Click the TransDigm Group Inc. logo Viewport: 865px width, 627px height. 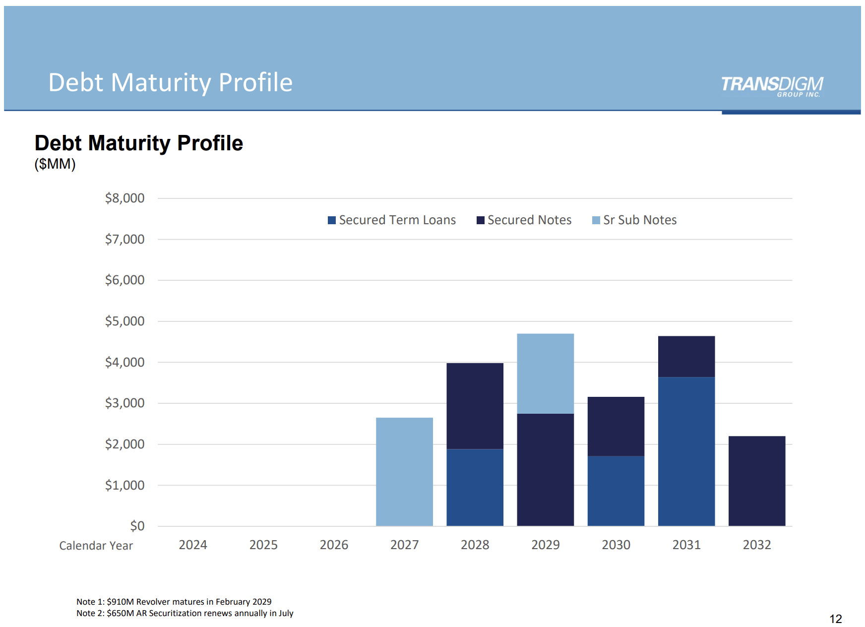pos(772,86)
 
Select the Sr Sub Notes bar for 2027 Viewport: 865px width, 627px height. pos(404,471)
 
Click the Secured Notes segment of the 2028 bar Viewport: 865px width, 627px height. pos(475,406)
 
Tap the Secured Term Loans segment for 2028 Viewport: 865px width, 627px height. pos(475,487)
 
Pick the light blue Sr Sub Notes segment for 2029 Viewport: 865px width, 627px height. pos(545,373)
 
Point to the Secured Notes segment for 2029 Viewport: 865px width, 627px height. pos(545,469)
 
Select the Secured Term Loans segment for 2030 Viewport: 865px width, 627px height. pos(616,491)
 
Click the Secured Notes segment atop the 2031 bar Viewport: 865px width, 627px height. pos(686,356)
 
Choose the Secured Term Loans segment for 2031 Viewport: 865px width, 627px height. pos(686,451)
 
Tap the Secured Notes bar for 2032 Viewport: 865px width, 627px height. pos(756,481)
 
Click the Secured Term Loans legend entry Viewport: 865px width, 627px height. pos(392,220)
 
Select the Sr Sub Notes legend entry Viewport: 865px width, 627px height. pos(634,220)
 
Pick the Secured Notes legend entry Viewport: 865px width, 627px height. pos(524,220)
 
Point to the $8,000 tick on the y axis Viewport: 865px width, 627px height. pos(124,198)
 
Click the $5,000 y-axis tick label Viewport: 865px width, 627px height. pos(124,321)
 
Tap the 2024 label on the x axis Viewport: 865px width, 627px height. pos(192,545)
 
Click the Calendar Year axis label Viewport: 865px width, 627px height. pos(96,546)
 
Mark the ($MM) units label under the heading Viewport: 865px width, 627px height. pos(55,164)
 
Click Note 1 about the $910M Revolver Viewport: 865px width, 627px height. pos(174,602)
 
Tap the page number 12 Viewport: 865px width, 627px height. pos(835,619)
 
